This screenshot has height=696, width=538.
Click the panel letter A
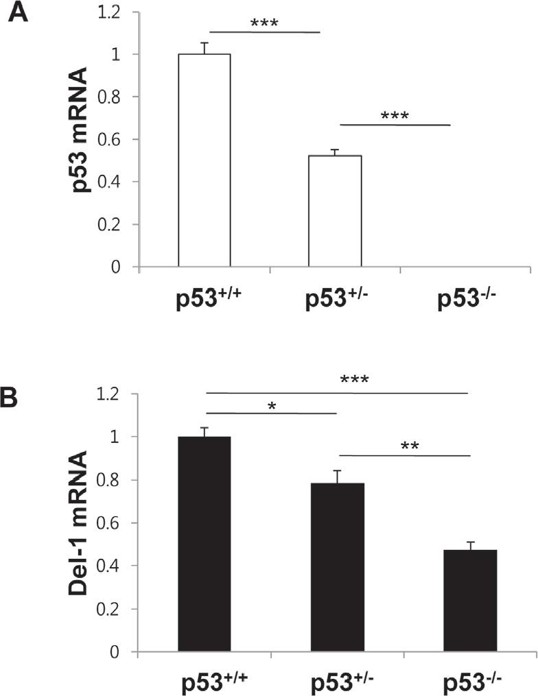tap(18, 13)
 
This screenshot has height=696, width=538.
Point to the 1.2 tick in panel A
tap(115, 12)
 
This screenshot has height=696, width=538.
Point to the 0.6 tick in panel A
tap(115, 139)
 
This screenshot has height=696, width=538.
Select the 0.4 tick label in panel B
tap(115, 566)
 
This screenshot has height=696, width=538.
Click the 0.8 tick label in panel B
tap(115, 480)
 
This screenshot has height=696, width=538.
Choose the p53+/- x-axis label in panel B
tap(337, 682)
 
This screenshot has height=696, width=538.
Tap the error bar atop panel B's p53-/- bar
tap(470, 545)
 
